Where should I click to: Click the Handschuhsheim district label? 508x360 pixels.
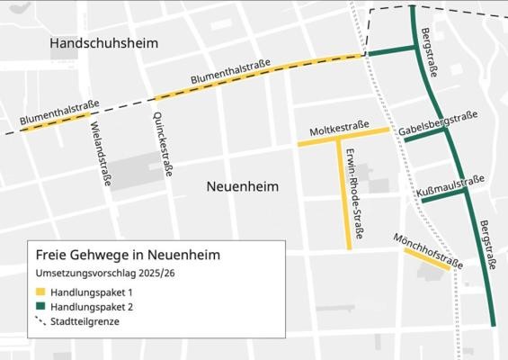point(104,44)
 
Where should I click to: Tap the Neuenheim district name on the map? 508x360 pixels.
point(242,186)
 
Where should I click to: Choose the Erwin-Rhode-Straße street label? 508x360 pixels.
point(356,193)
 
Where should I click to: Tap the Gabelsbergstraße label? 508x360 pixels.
point(440,125)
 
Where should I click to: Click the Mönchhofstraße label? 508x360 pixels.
point(428,250)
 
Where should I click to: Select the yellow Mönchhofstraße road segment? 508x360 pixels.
point(426,259)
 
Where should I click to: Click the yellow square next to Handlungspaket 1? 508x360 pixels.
point(40,292)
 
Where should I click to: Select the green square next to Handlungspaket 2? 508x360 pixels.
point(40,307)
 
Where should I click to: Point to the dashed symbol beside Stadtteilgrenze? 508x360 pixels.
point(40,321)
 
